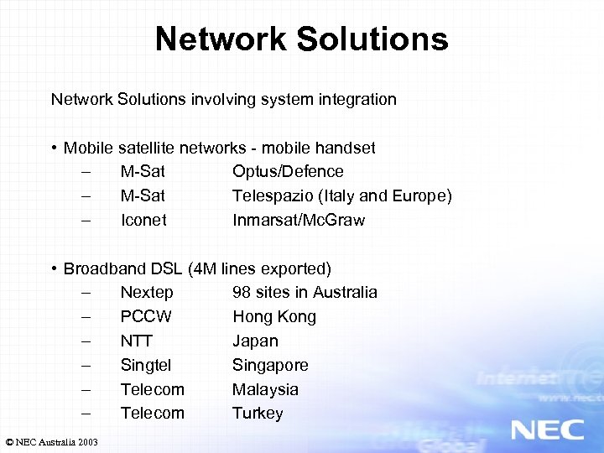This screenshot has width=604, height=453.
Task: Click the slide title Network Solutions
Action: pos(301,39)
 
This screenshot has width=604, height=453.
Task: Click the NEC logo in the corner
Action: pos(547,430)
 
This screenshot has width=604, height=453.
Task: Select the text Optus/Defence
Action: pos(288,172)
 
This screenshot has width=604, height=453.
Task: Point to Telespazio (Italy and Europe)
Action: pos(341,196)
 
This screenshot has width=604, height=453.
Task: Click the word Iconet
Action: pos(143,221)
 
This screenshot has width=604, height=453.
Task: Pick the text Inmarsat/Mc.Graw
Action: pos(299,221)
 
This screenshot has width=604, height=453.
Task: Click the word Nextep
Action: pos(147,293)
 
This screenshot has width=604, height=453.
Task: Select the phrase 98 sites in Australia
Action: pos(305,293)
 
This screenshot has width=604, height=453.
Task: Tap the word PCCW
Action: pos(146,317)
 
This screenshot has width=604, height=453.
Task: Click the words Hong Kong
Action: pos(274,317)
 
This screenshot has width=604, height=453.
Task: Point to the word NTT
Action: pos(137,341)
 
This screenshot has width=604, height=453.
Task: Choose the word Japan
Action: pos(255,341)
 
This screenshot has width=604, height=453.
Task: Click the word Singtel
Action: pos(146,366)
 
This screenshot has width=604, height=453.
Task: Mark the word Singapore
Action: pos(270,366)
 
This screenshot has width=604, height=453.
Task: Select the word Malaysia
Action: pos(265,390)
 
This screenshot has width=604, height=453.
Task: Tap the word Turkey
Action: pos(258,414)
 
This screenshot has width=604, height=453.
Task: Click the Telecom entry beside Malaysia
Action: pos(152,390)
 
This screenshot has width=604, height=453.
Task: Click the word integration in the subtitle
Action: pos(357,100)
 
